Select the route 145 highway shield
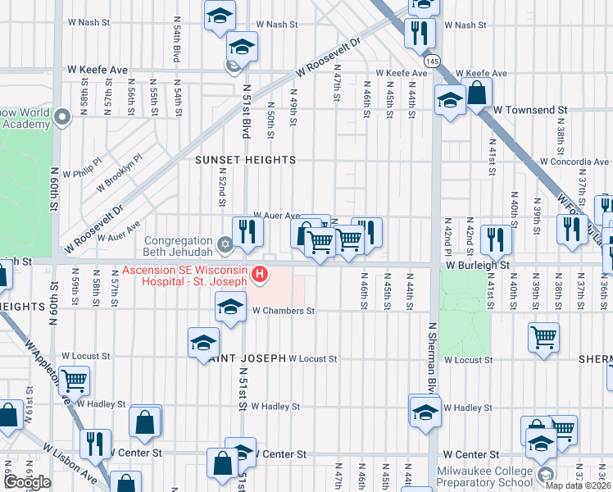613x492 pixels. pos(431,61)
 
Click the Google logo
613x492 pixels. pos(27,482)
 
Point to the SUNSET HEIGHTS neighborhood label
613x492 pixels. pos(244,160)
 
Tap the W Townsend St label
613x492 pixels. pos(530,109)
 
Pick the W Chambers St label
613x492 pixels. pos(283,311)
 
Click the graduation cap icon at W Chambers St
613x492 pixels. pos(230,308)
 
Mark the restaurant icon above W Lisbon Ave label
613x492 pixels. pos(97,443)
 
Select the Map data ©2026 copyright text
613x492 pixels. pos(578,486)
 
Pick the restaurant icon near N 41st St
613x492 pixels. pos(495,239)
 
